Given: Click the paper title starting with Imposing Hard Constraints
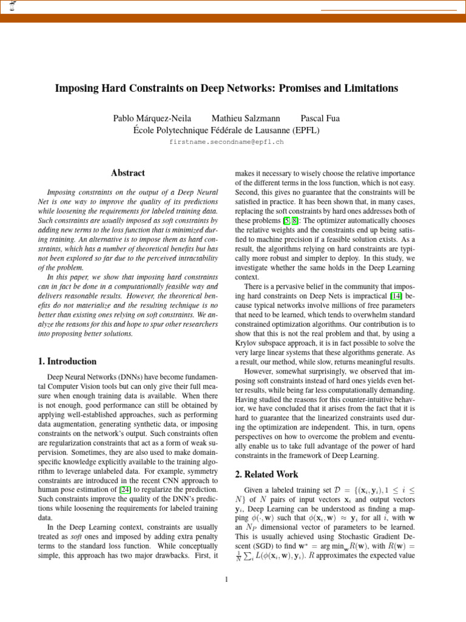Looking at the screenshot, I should point(226,88).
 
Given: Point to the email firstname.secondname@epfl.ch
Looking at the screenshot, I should point(226,142).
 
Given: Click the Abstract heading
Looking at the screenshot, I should point(128,173).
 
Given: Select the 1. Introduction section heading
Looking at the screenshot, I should point(67,361).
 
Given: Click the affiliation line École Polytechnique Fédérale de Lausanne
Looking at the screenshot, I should point(226,130).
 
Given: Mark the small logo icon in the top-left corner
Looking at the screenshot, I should point(11,6).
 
